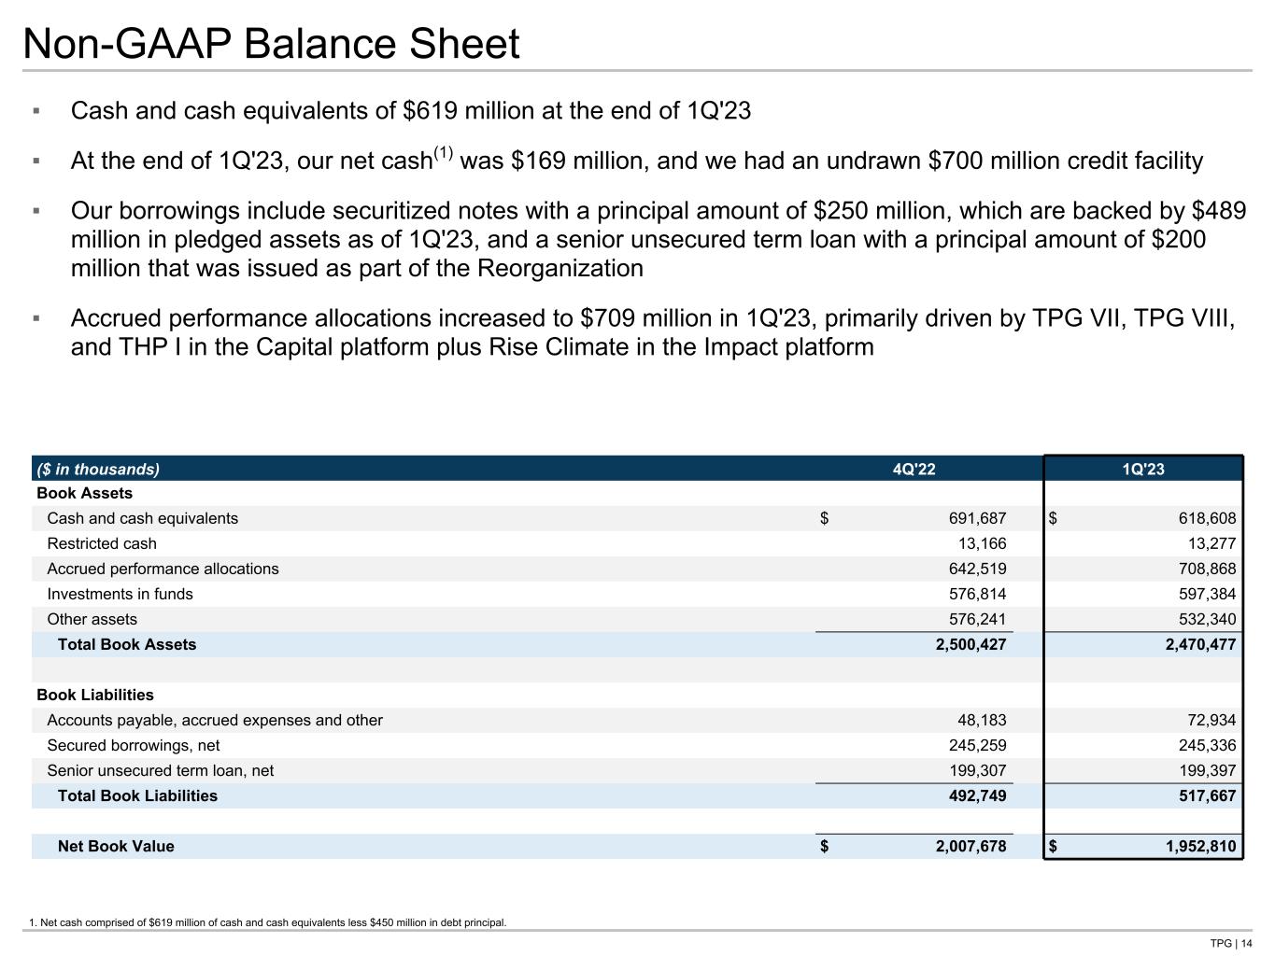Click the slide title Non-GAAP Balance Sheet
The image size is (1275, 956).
[271, 44]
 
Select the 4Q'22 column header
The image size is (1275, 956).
[914, 469]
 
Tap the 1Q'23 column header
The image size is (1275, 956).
[1143, 469]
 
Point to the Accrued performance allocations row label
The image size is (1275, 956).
[163, 569]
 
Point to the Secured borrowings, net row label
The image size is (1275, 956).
[134, 745]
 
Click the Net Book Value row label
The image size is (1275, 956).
[116, 846]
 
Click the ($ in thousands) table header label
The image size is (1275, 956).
[98, 469]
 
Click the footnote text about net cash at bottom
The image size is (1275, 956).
[268, 922]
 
